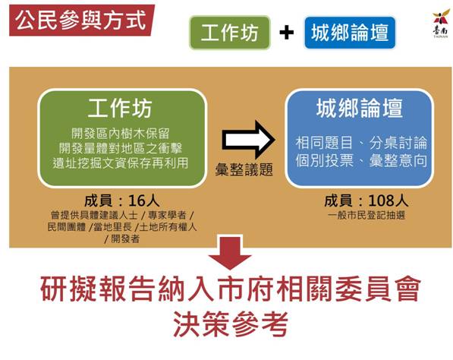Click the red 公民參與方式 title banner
pyautogui.click(x=82, y=21)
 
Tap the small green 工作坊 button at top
pyautogui.click(x=230, y=33)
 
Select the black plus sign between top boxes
pyautogui.click(x=287, y=33)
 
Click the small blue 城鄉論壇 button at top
pyautogui.click(x=350, y=33)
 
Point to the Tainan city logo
pyautogui.click(x=441, y=24)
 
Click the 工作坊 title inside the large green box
pyautogui.click(x=120, y=108)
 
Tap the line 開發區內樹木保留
pyautogui.click(x=120, y=134)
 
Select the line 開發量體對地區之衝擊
pyautogui.click(x=120, y=148)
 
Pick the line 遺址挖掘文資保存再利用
pyautogui.click(x=120, y=163)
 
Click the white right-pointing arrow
pyautogui.click(x=248, y=141)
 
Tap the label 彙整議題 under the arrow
pyautogui.click(x=244, y=169)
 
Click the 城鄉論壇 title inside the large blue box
pyautogui.click(x=360, y=108)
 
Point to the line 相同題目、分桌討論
pyautogui.click(x=361, y=143)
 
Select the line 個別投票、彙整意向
pyautogui.click(x=361, y=160)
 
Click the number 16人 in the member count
pyautogui.click(x=143, y=201)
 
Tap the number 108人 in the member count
pyautogui.click(x=389, y=201)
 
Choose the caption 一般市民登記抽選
pyautogui.click(x=366, y=216)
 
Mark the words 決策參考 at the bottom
pyautogui.click(x=230, y=324)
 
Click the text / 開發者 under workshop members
pyautogui.click(x=122, y=238)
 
